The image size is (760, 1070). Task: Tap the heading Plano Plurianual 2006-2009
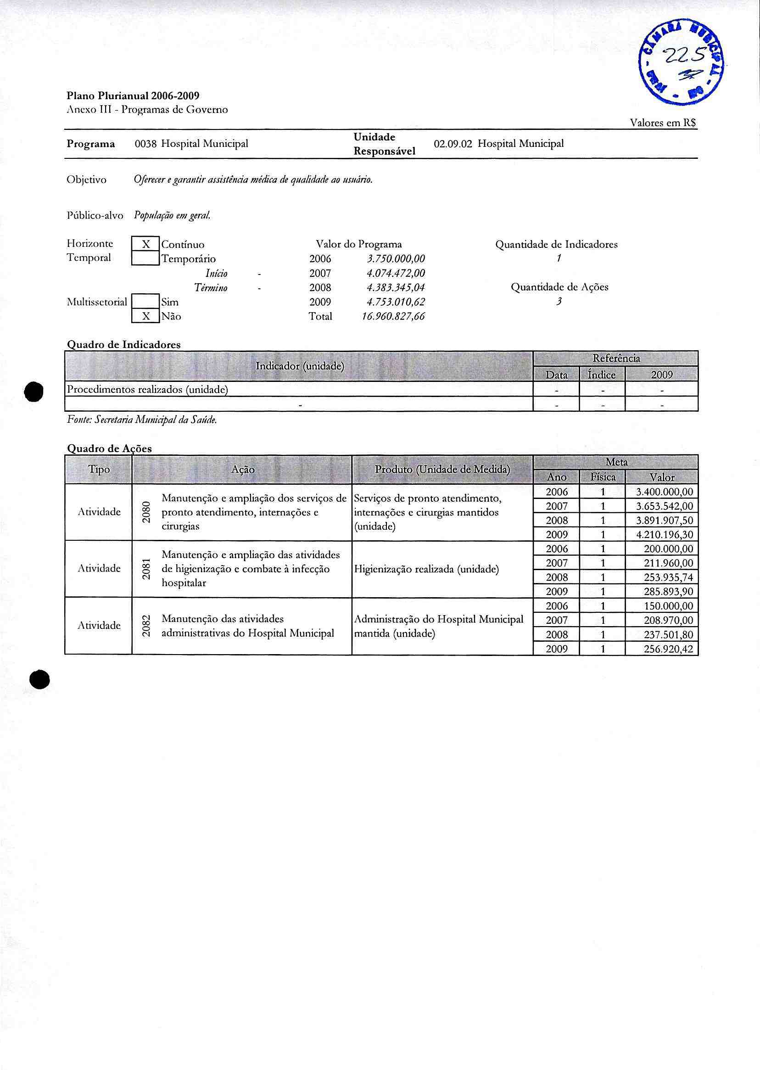pos(133,96)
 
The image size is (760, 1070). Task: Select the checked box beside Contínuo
pos(145,244)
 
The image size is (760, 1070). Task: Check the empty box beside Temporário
pos(145,258)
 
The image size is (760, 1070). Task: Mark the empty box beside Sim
pos(145,302)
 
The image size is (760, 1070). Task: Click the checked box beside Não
pos(145,316)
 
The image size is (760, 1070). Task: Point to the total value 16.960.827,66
pos(393,316)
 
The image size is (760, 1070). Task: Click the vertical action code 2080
pos(146,512)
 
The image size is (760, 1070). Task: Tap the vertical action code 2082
pos(146,626)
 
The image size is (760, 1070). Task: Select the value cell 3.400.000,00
pos(664,492)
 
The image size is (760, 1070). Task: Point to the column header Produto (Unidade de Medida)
pos(442,470)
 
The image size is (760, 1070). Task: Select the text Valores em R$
pos(663,123)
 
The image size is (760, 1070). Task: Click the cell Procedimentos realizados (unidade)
pos(147,389)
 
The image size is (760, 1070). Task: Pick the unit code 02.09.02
pos(453,144)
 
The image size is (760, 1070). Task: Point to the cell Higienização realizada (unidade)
pos(426,569)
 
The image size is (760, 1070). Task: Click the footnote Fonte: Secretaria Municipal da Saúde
pos(142,420)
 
